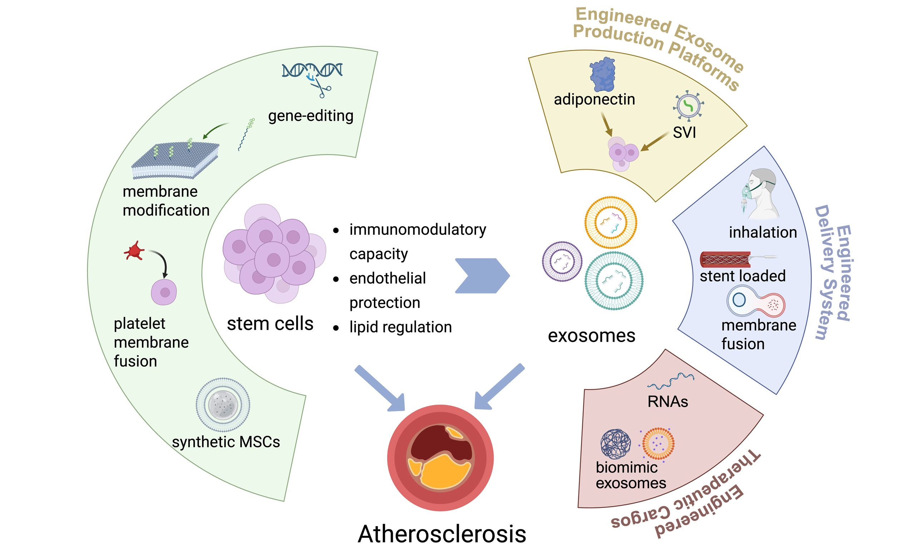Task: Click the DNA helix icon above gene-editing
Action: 312,70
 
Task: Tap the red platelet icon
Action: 134,251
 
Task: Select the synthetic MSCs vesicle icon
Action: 223,404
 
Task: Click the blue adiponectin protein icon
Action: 603,74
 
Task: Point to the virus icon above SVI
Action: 688,106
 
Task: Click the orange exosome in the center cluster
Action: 610,222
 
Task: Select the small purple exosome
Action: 562,261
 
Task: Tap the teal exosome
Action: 614,281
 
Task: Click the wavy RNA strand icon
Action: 670,381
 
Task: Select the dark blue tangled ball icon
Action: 615,444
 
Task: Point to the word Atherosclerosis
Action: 442,534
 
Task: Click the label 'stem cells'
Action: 270,324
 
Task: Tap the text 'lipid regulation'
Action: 400,327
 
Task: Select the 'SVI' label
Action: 684,132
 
